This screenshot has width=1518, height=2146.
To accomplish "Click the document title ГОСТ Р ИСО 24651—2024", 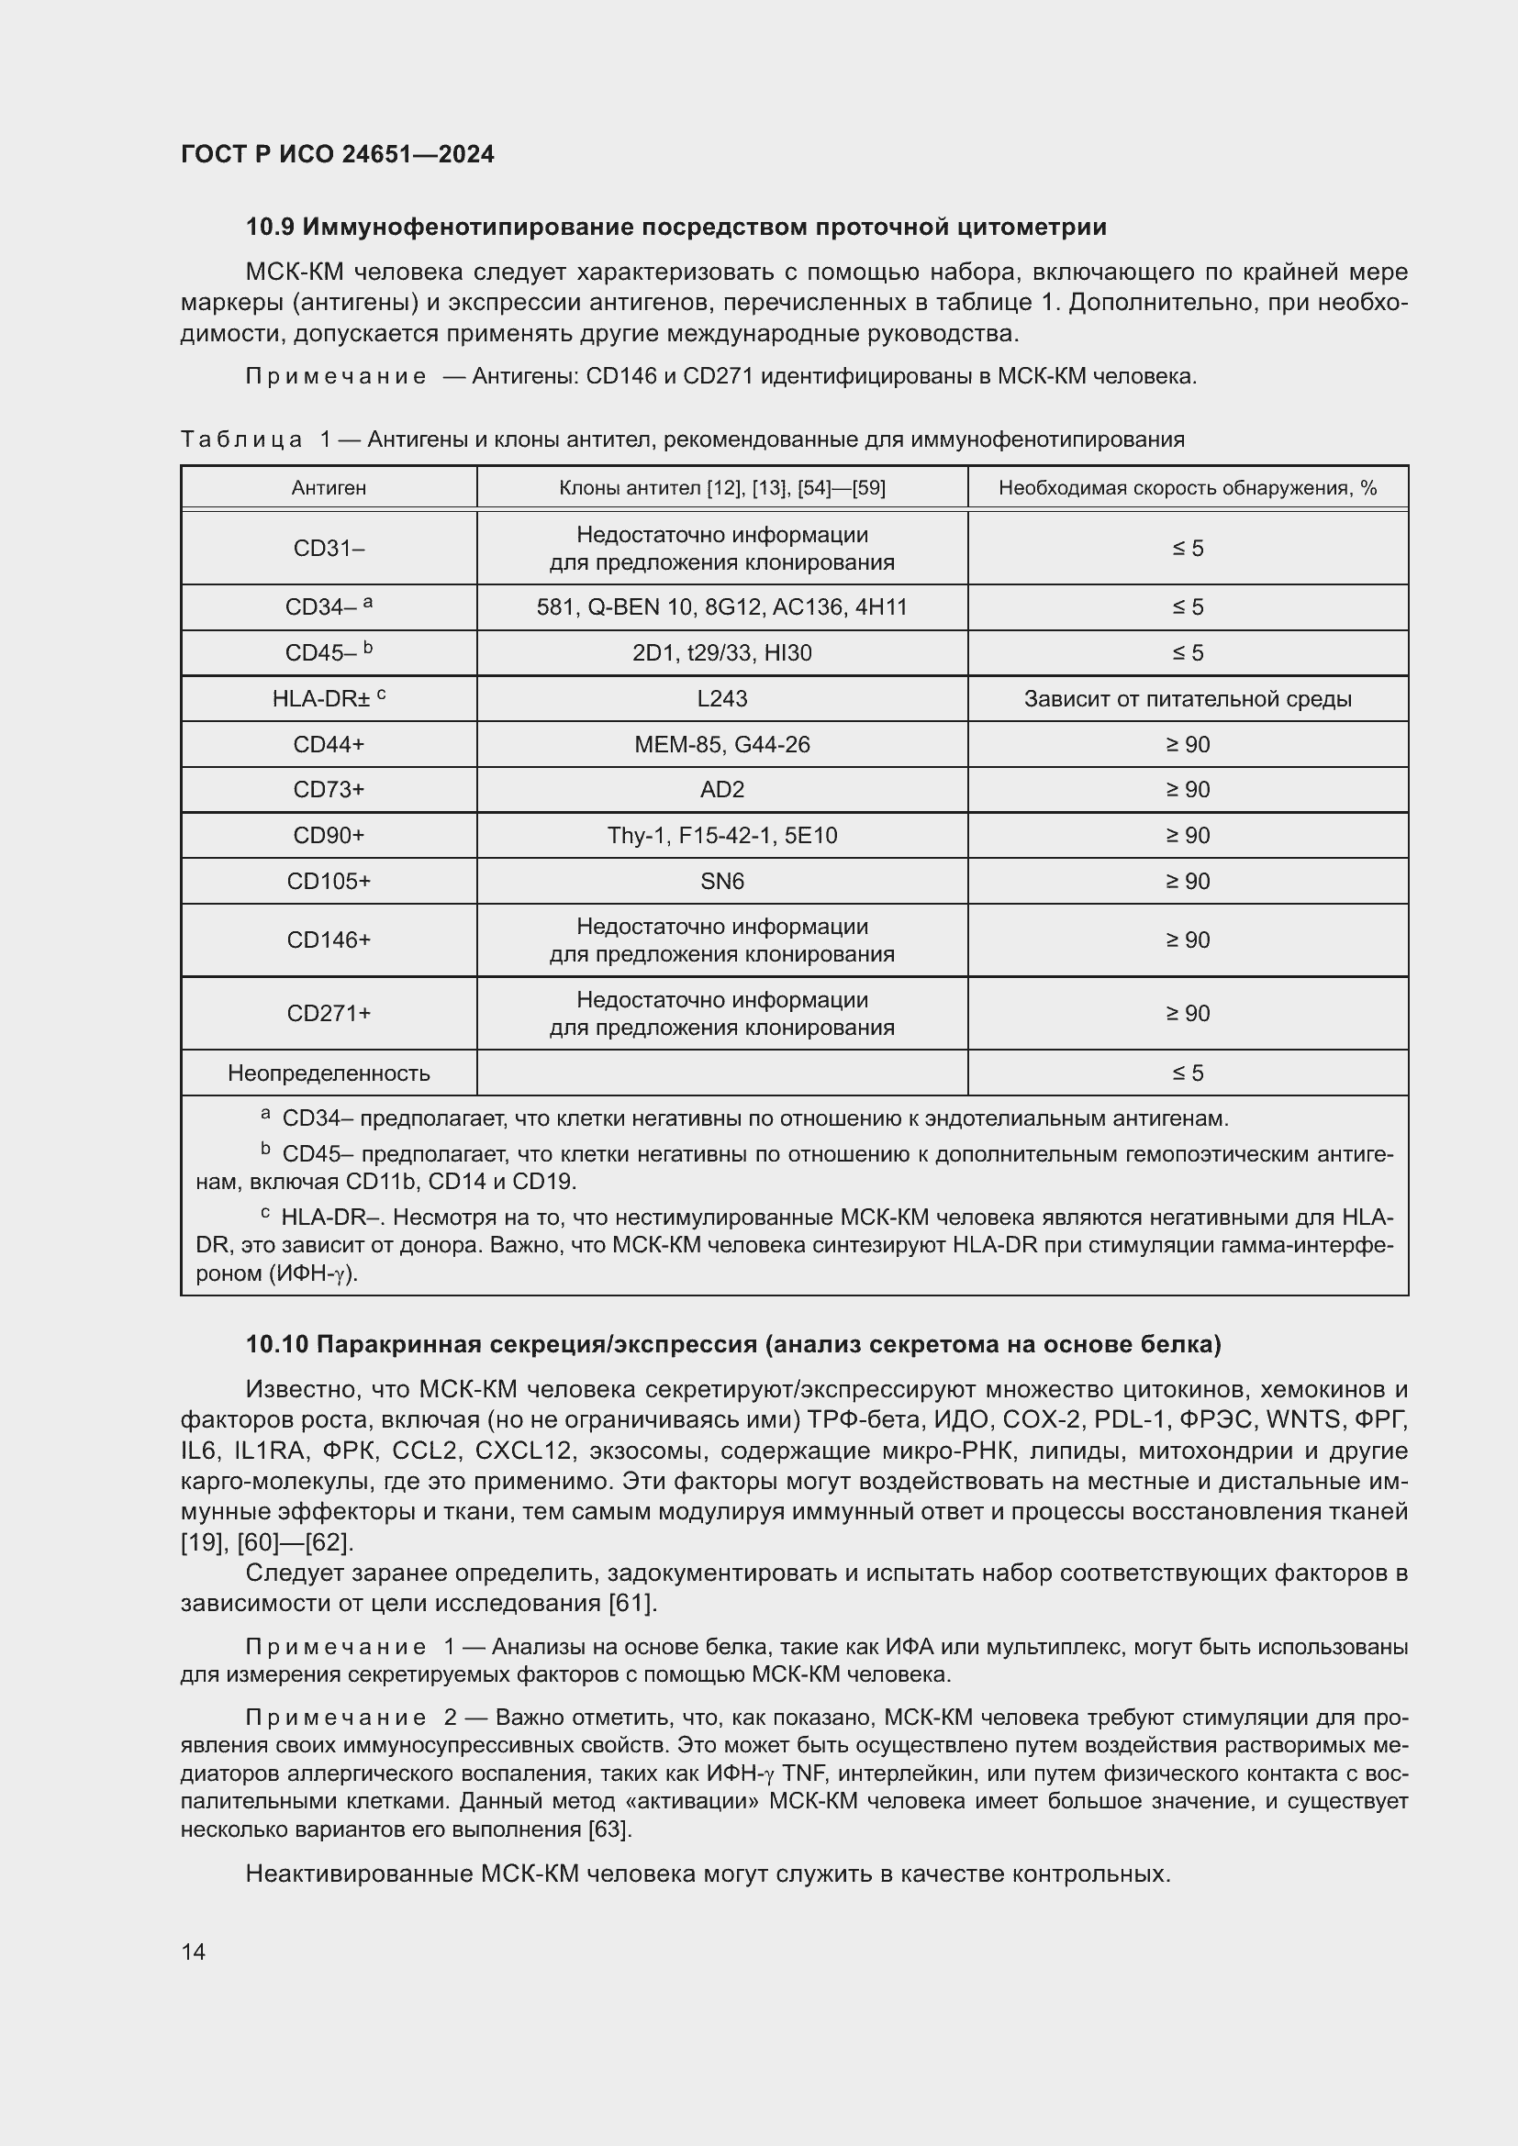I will pyautogui.click(x=338, y=154).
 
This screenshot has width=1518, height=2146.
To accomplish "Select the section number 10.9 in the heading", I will pyautogui.click(x=270, y=228).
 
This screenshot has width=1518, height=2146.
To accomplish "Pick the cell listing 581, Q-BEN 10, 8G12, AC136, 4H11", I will pyautogui.click(x=721, y=607).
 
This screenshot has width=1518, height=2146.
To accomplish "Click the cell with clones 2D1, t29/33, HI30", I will pyautogui.click(x=721, y=653).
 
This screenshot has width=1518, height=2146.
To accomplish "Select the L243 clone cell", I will pyautogui.click(x=721, y=699).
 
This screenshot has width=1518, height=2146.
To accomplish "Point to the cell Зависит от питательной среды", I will pyautogui.click(x=1187, y=699).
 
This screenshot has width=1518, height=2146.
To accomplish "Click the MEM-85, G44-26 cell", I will pyautogui.click(x=721, y=745).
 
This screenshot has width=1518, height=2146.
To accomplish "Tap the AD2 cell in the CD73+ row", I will pyautogui.click(x=721, y=790).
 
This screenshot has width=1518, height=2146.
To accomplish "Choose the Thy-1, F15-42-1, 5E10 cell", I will pyautogui.click(x=721, y=836).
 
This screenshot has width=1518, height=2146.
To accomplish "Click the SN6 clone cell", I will pyautogui.click(x=721, y=882).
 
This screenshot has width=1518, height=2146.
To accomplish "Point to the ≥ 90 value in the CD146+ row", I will pyautogui.click(x=1187, y=940).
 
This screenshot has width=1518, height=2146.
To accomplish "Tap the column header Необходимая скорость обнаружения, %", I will pyautogui.click(x=1187, y=488).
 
